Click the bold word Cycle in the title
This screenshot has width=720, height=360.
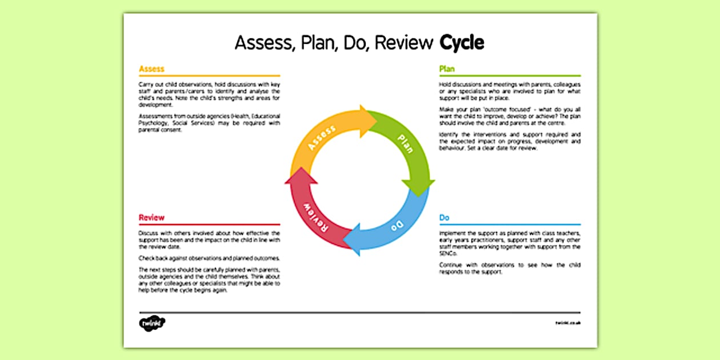point(462,43)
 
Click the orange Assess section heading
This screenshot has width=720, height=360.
point(151,69)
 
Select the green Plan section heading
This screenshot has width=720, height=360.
point(447,69)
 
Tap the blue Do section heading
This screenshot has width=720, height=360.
point(444,218)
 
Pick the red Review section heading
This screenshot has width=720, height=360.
point(151,218)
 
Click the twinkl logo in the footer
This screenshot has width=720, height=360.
point(152,323)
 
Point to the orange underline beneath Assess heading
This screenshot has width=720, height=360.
point(209,75)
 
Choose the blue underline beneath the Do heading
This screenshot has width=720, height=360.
point(510,225)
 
